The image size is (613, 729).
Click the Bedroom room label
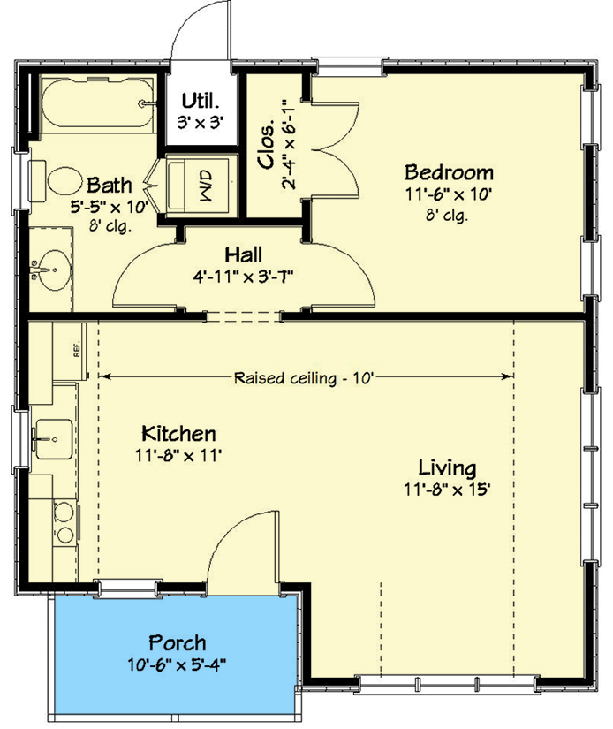pyautogui.click(x=448, y=171)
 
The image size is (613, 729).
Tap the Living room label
pyautogui.click(x=447, y=467)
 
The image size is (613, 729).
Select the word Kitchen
pyautogui.click(x=178, y=434)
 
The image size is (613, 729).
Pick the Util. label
pyautogui.click(x=200, y=99)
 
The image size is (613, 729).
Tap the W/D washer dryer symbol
pyautogui.click(x=202, y=185)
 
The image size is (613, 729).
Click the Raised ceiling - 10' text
pyautogui.click(x=305, y=377)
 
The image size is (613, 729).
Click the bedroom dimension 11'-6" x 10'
pyautogui.click(x=448, y=194)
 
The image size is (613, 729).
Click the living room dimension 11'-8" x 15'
pyautogui.click(x=447, y=489)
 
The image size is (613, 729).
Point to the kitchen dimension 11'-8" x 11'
pyautogui.click(x=178, y=455)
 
